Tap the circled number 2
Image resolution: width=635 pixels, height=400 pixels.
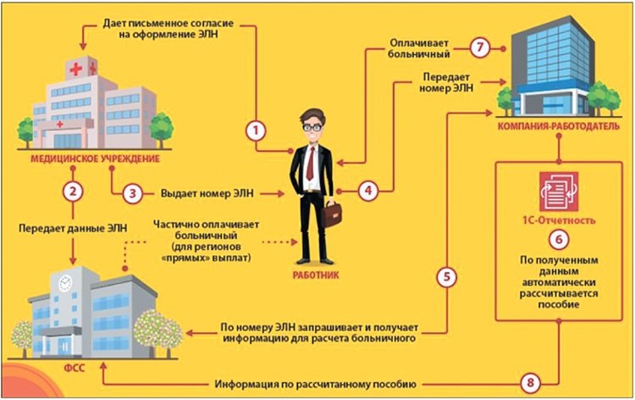click(75, 190)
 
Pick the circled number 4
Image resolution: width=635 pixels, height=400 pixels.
click(366, 191)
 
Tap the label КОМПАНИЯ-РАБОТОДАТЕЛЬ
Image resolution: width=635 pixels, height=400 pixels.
click(558, 127)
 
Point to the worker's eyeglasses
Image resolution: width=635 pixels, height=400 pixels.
click(313, 128)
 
